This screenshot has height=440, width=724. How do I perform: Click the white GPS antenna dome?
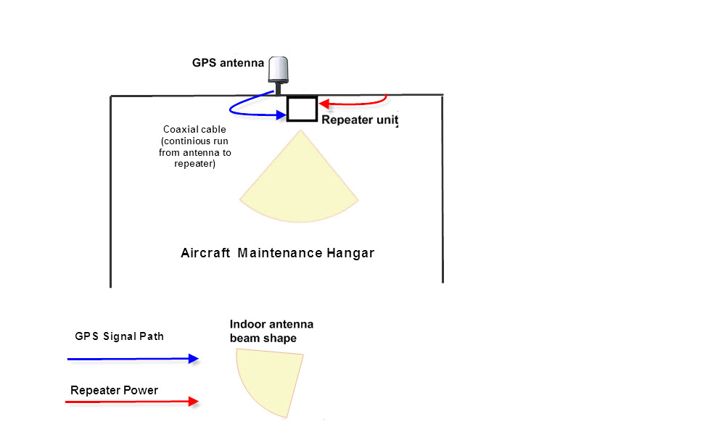click(x=279, y=70)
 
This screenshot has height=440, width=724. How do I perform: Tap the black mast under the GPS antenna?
click(x=279, y=89)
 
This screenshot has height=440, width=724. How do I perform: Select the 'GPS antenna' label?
click(x=228, y=63)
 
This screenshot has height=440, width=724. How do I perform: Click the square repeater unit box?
click(x=302, y=109)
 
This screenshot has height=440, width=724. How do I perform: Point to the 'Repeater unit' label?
click(x=360, y=120)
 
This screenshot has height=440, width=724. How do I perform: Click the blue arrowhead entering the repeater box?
click(x=281, y=115)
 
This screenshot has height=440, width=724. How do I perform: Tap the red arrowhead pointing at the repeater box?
click(x=324, y=104)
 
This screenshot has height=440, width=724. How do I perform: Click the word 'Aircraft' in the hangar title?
click(x=205, y=253)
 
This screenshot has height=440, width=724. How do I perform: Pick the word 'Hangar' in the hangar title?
click(x=350, y=253)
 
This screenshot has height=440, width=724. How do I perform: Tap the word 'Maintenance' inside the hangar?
click(x=280, y=253)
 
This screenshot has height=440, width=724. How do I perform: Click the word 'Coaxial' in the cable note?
click(x=179, y=129)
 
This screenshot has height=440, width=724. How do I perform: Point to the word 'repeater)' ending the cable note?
click(x=195, y=164)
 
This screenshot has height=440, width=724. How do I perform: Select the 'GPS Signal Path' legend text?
click(x=119, y=336)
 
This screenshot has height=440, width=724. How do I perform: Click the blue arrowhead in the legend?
click(x=194, y=358)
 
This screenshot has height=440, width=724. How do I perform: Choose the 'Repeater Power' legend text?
click(x=114, y=390)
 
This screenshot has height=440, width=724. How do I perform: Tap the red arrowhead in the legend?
click(x=194, y=402)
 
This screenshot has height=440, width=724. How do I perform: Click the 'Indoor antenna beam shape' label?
click(x=271, y=331)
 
